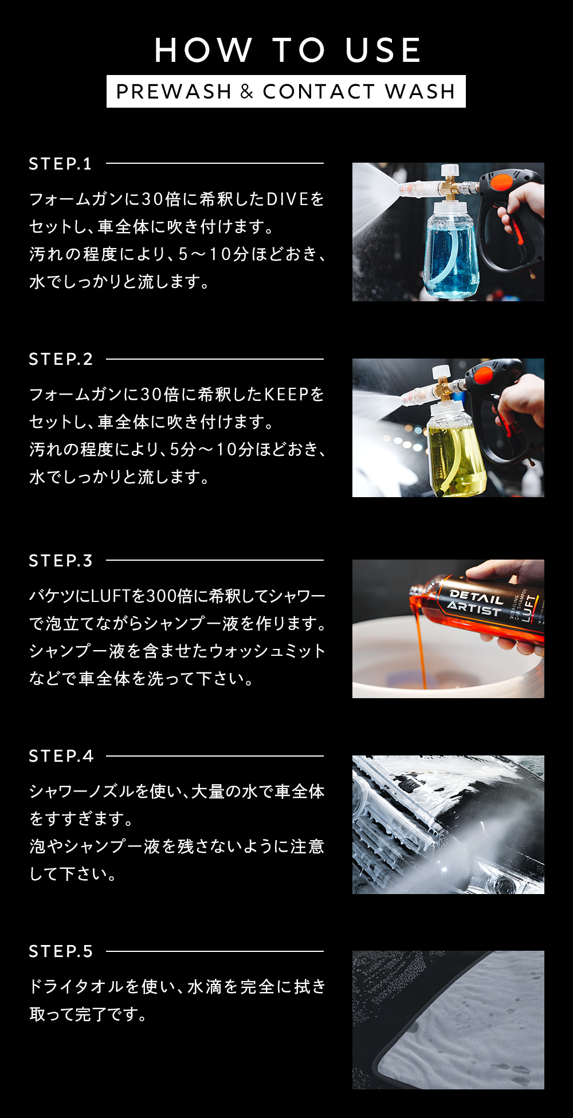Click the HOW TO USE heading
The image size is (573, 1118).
288,50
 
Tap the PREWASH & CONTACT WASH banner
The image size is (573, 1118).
286,92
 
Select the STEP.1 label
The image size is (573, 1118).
60,164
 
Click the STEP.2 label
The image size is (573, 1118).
61,359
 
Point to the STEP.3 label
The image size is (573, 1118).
61,561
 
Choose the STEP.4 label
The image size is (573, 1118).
61,756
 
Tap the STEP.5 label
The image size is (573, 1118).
61,951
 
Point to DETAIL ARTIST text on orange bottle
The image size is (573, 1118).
475,602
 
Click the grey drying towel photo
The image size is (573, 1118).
448,1020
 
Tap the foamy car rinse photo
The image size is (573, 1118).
448,825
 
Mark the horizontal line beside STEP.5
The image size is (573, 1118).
215,951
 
